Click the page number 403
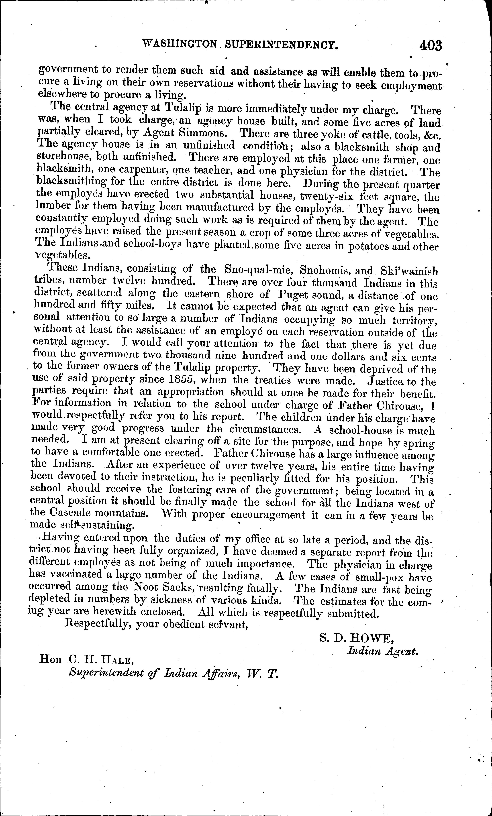click(430, 45)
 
